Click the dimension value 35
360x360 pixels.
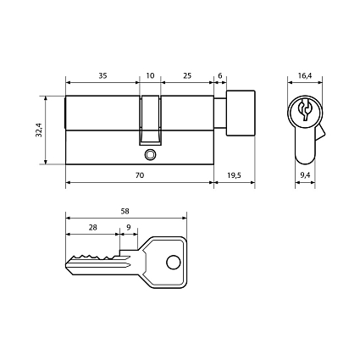(102, 76)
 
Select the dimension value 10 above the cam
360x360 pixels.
(150, 76)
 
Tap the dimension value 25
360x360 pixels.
(186, 76)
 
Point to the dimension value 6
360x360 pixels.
(220, 76)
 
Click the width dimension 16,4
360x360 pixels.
(305, 76)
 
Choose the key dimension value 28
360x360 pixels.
(92, 228)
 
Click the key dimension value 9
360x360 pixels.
(128, 228)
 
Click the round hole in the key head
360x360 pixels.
(173, 261)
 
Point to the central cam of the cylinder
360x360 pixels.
(150, 119)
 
